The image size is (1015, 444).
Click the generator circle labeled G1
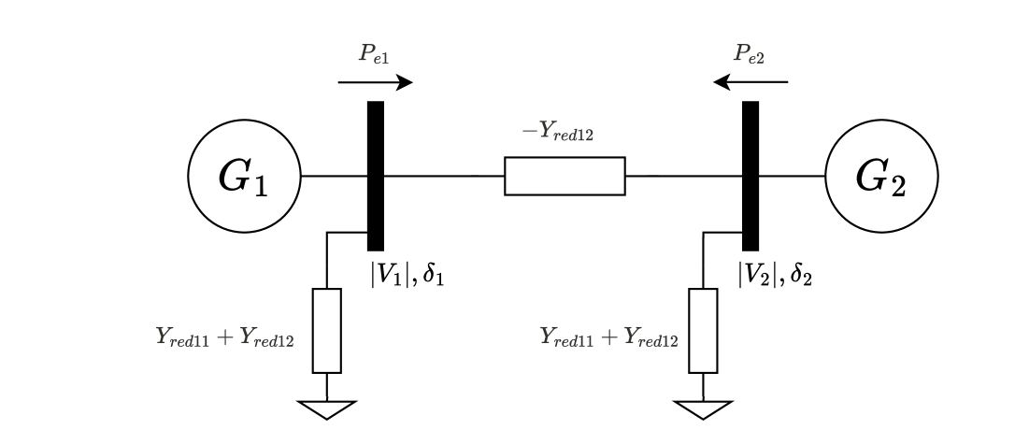[244, 176]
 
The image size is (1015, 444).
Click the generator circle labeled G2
[881, 176]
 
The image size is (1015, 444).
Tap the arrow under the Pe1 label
[375, 83]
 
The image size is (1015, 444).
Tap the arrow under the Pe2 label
[751, 83]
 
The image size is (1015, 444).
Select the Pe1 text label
[373, 55]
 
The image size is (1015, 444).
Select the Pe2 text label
[750, 55]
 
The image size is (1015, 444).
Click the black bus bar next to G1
[376, 176]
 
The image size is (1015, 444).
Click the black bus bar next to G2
[750, 176]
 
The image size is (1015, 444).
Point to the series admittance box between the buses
[565, 176]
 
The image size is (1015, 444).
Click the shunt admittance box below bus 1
[327, 330]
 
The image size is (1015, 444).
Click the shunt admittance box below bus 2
[702, 330]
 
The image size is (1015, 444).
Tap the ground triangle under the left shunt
[327, 408]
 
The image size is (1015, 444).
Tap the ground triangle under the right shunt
[702, 408]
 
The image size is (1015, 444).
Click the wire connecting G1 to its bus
[334, 176]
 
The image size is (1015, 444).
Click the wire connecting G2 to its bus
[791, 176]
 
